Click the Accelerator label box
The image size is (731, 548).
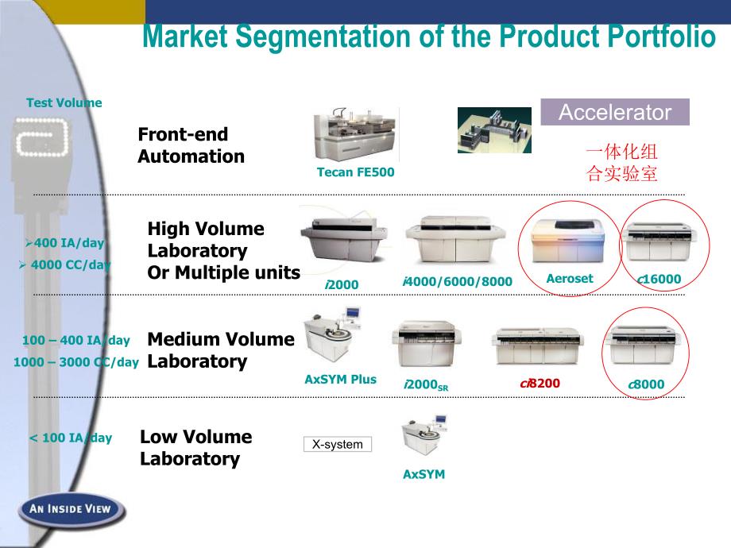pos(615,112)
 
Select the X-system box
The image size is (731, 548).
pos(338,445)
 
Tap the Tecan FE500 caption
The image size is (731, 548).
pos(355,172)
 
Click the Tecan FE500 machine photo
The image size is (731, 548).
pos(354,135)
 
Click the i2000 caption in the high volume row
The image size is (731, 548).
pos(342,284)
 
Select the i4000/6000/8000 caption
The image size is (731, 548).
pos(457,282)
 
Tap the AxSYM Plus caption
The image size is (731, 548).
pos(340,380)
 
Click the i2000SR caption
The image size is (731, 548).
pos(426,385)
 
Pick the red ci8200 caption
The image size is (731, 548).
pos(540,384)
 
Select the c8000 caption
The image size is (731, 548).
pos(646,385)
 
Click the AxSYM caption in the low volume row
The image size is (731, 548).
pos(424,474)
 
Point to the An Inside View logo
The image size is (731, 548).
pos(72,508)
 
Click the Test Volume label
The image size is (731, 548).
pos(64,102)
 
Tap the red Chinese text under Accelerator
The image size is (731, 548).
pos(622,163)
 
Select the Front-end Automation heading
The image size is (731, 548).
pos(191,145)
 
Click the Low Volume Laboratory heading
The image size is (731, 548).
pos(195,448)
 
